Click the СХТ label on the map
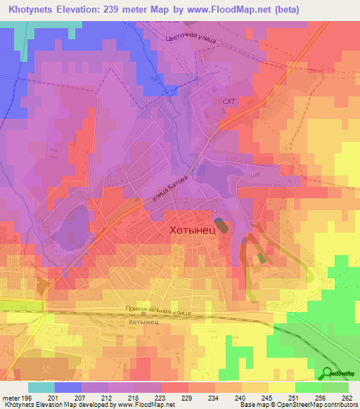tap(228, 101)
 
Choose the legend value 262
tap(345, 398)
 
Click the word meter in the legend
tap(10, 398)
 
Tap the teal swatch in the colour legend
tap(41, 387)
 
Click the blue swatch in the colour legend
tap(68, 387)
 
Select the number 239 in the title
tap(102, 10)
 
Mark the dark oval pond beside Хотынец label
tap(221, 226)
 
